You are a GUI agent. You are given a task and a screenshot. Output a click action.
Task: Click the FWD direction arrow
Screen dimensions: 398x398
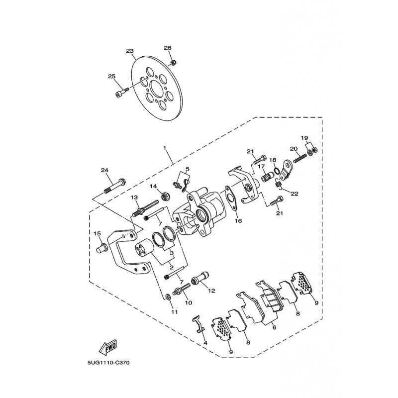107,347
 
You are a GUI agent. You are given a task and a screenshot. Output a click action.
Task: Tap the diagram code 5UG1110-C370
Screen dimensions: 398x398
108,363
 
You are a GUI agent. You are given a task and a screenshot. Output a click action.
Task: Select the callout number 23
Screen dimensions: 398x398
130,51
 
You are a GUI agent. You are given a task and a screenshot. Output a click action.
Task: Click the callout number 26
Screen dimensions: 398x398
168,48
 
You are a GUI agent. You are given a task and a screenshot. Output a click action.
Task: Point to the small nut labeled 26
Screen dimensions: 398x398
174,63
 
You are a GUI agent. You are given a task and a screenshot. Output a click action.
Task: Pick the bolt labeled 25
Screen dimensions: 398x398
121,92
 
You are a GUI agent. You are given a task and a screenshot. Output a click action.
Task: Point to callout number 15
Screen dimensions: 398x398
97,233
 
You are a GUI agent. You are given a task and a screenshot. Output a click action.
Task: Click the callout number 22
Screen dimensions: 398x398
295,194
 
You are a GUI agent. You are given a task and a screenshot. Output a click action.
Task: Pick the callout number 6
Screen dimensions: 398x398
274,327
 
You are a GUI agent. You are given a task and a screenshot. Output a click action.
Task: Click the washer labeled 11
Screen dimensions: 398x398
168,297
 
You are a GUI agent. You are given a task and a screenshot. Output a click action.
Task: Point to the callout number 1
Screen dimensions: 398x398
165,147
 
